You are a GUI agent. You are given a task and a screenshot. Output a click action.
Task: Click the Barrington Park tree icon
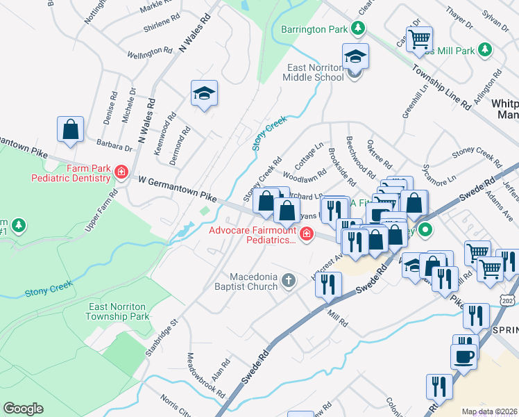pos(358,29)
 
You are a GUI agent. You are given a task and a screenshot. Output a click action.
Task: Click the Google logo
pos(23,408)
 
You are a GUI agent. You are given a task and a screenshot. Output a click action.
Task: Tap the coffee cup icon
pos(464,356)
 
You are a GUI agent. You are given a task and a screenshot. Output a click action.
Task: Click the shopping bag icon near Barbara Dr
pos(71,129)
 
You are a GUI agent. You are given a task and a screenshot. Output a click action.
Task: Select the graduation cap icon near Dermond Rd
pos(205,93)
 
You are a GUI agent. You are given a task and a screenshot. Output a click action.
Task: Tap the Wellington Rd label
pos(150,53)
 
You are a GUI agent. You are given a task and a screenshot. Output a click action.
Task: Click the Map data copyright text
pos(490,411)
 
